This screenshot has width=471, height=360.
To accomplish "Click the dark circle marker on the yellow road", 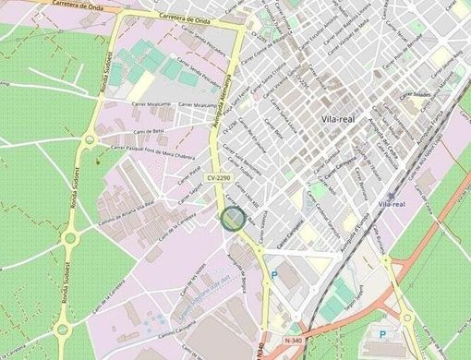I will pos(233,219).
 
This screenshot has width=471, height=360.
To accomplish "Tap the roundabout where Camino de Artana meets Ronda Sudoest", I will pos(70,239).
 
